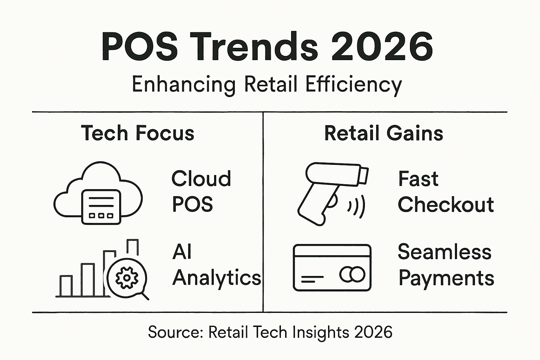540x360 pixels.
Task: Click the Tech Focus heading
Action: [137, 133]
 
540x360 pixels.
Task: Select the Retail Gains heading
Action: [384, 133]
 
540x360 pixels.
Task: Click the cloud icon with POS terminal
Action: [98, 193]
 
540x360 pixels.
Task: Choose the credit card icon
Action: [332, 268]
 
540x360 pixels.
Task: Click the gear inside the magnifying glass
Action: [127, 278]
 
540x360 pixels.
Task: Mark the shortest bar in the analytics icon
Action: [66, 286]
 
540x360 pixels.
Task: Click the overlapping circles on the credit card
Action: [352, 274]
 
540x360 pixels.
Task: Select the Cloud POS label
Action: [201, 192]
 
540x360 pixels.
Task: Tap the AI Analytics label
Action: [216, 265]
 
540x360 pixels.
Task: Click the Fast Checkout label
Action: [445, 192]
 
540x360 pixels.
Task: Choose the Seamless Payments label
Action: [446, 265]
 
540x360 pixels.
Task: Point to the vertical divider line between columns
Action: [263, 211]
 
